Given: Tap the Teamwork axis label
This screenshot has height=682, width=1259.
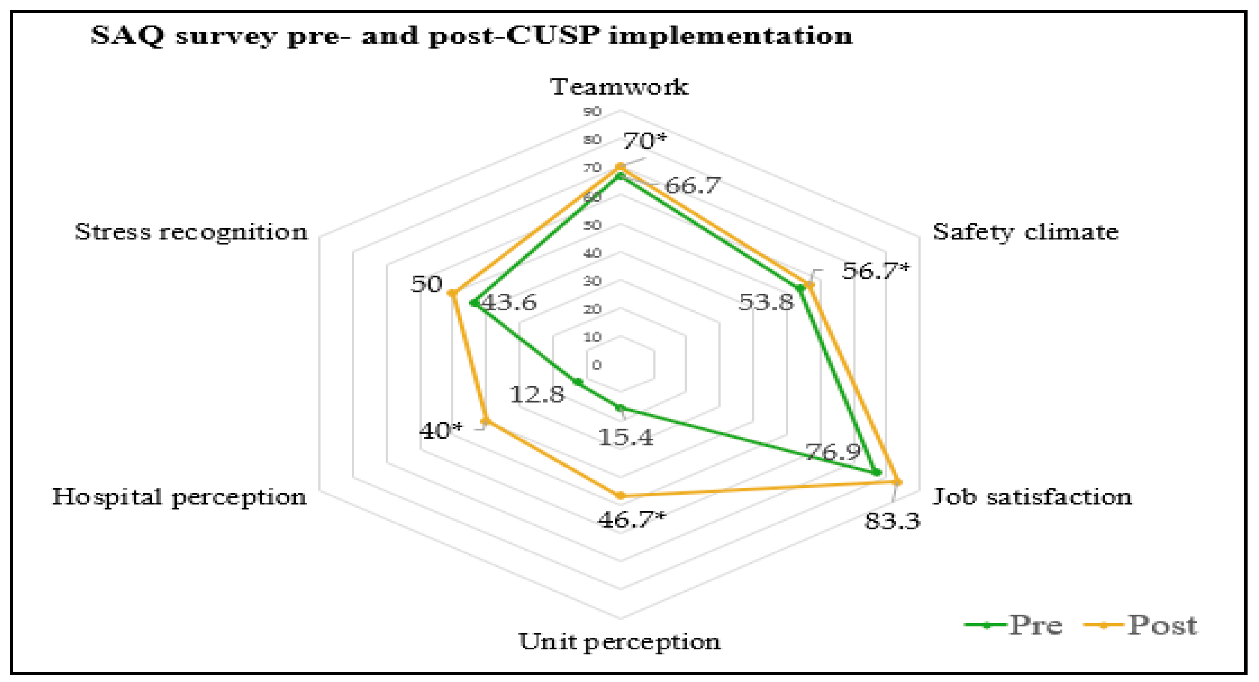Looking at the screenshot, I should click(619, 87).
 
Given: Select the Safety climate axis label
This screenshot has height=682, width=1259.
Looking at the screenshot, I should click(1026, 232).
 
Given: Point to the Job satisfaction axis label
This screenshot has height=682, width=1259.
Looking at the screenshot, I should click(1032, 497).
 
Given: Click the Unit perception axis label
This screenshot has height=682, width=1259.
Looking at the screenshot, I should click(619, 642).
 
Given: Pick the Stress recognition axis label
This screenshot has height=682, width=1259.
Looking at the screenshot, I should click(191, 232).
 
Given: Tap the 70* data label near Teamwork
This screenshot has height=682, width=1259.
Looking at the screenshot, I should click(644, 141).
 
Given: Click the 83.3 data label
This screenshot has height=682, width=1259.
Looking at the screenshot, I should click(892, 521).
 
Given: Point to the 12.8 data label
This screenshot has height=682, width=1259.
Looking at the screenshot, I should click(536, 394).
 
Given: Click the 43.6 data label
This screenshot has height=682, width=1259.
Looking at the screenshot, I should click(508, 303).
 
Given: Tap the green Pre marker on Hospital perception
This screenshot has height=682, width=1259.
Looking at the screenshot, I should click(578, 382).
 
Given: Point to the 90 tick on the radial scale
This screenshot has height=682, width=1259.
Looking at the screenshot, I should click(592, 112).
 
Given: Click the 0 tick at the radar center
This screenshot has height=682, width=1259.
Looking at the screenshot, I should click(596, 365).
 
